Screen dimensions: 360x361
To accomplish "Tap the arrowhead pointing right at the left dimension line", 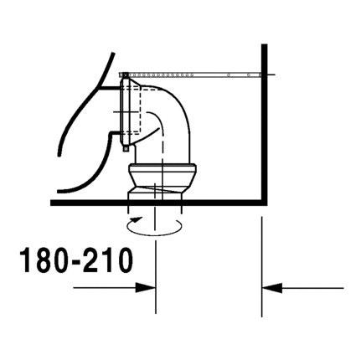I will (148, 288).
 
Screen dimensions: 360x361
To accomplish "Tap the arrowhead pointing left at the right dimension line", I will (271, 288).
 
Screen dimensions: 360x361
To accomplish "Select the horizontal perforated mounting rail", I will (201, 75).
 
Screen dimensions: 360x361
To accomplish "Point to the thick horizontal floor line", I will (101, 202).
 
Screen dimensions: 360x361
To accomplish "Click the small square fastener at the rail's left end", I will (124, 75).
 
